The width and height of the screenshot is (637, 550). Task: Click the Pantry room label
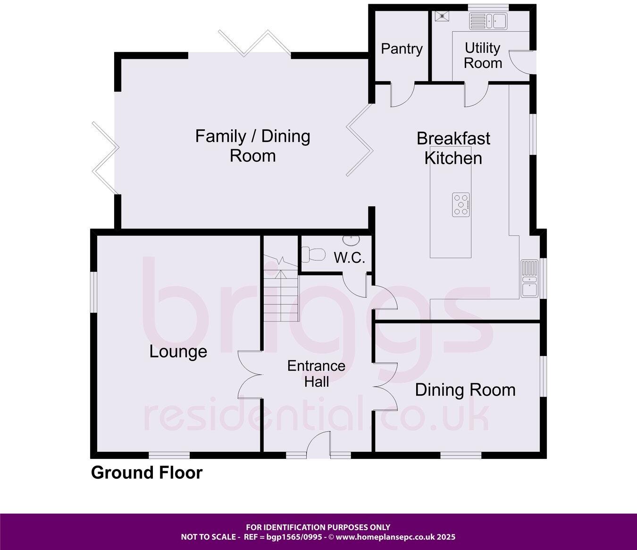point(402,49)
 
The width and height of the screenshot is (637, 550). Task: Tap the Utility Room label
point(482,55)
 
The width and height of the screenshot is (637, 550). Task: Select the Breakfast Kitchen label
point(453,148)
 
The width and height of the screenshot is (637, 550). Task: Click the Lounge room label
point(178,351)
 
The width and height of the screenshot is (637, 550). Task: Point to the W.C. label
point(349,258)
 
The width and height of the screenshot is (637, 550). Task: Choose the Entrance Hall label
point(316,373)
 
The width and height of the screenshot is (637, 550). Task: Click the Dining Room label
point(465,389)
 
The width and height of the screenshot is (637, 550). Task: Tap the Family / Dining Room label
point(253,146)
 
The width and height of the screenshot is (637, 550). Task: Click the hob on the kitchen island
point(461,204)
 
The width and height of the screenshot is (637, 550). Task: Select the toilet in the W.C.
point(313,255)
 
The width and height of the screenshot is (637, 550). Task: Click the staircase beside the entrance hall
point(281,293)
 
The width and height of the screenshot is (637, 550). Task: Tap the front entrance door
point(318,444)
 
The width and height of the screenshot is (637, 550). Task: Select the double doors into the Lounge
point(250,376)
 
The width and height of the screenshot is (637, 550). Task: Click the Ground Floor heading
point(146,473)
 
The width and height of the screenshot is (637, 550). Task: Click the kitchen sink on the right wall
point(529,279)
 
